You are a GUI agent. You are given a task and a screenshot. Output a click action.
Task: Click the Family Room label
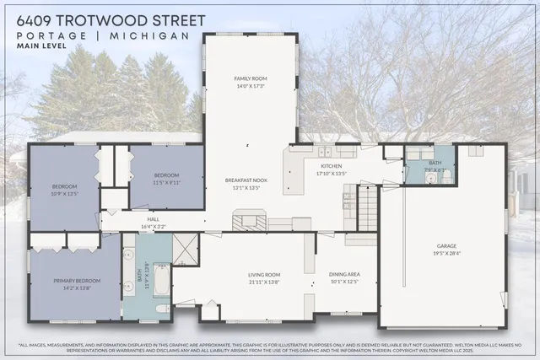250,78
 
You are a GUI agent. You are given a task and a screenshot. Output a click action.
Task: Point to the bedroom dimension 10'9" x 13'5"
65,193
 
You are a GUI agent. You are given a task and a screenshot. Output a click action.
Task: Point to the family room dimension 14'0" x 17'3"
250,85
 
